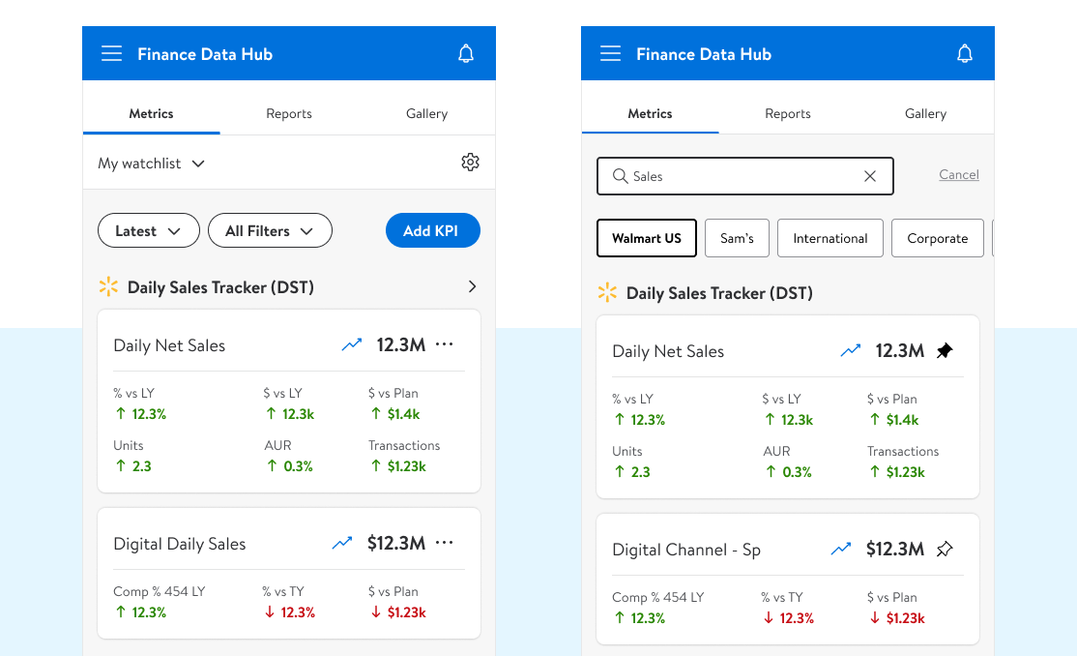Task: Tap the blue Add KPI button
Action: click(432, 230)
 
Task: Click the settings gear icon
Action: click(470, 163)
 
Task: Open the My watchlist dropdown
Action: click(151, 164)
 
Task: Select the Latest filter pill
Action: click(148, 230)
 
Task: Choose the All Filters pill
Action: click(270, 230)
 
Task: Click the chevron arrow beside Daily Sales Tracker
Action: click(472, 286)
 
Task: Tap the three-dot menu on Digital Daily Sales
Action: click(445, 543)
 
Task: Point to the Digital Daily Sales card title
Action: click(180, 544)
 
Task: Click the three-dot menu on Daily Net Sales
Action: click(445, 344)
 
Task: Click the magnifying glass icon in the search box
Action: click(620, 176)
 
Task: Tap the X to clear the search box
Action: click(870, 176)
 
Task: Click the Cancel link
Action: click(959, 175)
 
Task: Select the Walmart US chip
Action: click(647, 238)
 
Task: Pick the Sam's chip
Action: click(737, 238)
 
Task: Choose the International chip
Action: click(830, 238)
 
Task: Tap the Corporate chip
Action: click(937, 238)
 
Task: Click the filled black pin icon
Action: click(945, 350)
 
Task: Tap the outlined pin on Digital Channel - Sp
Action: click(945, 549)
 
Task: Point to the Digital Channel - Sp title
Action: click(686, 550)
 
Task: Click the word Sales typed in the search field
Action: click(648, 176)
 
